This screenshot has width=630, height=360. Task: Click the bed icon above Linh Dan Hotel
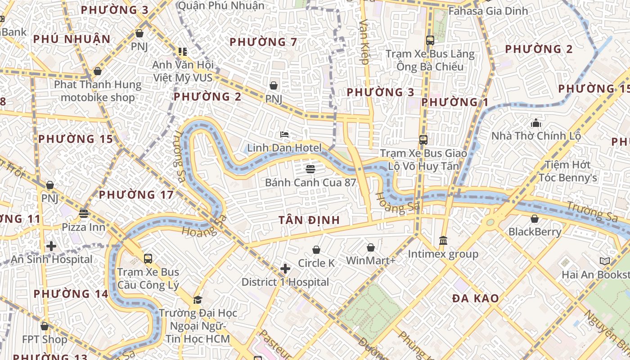pos(284,134)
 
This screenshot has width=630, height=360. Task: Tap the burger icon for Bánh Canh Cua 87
pos(310,169)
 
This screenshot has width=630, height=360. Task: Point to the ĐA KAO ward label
pos(476,298)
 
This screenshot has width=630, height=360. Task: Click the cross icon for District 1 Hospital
pos(285,269)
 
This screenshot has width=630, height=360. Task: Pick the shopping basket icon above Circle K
pos(316,249)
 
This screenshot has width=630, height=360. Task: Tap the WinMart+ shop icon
pos(370,247)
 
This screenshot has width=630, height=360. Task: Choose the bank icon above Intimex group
pos(443,241)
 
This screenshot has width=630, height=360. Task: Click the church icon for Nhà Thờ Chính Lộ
pos(535,122)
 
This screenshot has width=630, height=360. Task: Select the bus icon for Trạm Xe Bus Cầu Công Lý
pos(148,258)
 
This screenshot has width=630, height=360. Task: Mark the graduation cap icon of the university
pos(198,300)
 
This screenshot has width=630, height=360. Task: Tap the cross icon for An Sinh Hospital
pos(51,246)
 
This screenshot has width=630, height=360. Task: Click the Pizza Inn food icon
pos(84,213)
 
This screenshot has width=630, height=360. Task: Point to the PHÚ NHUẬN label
pos(72,39)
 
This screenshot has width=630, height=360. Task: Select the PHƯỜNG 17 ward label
pos(136,195)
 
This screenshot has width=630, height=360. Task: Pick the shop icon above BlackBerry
pos(535,219)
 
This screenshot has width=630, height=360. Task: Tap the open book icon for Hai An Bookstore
pos(605,261)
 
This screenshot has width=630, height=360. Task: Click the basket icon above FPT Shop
pos(45,326)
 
